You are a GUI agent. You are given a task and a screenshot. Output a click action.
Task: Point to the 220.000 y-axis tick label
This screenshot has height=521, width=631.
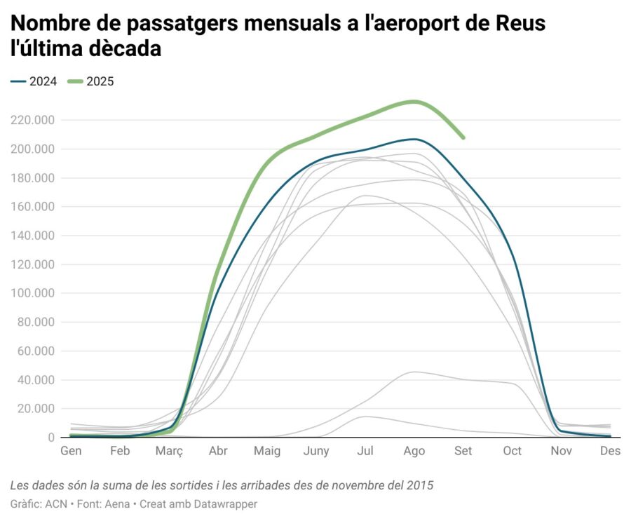click(x=33, y=120)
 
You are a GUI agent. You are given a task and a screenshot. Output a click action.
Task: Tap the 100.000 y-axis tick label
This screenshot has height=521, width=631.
click(x=33, y=293)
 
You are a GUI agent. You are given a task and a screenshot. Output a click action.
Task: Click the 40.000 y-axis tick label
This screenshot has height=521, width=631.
click(x=36, y=380)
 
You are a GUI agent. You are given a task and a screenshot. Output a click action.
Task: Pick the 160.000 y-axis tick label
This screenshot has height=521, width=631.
click(x=33, y=207)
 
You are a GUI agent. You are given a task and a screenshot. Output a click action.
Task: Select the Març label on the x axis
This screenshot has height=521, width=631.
click(x=168, y=451)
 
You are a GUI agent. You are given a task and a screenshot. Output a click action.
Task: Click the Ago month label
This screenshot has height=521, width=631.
click(x=414, y=451)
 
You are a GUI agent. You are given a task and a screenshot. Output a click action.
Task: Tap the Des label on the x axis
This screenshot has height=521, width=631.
click(x=610, y=451)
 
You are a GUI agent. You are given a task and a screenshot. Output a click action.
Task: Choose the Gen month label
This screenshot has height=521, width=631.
click(x=71, y=451)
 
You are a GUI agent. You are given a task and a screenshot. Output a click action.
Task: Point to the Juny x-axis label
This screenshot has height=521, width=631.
click(x=316, y=451)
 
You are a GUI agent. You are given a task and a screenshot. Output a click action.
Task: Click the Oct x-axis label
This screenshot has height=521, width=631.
click(x=513, y=451)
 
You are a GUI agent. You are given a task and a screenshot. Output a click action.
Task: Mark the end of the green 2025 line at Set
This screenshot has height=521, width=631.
click(x=463, y=137)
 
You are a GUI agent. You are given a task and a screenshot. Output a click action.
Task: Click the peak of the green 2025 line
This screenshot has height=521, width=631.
click(x=414, y=101)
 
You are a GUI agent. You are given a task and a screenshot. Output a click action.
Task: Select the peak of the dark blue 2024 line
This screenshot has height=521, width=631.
click(x=414, y=139)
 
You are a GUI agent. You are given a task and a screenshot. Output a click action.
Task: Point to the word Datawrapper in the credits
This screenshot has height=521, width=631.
click(x=223, y=503)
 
